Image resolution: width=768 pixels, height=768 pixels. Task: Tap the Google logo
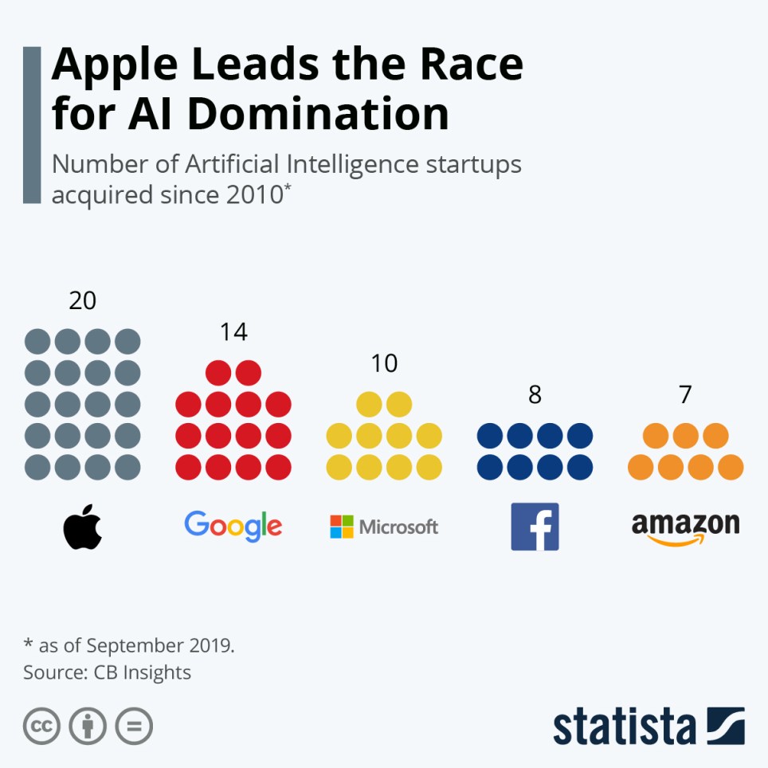click(233, 526)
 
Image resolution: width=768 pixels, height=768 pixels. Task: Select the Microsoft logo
click(384, 527)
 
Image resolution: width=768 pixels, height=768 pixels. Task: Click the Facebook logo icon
click(535, 527)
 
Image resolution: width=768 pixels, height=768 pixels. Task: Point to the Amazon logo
click(685, 528)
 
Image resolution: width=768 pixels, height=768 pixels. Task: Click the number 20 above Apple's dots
click(83, 300)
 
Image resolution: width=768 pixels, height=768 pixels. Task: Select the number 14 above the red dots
click(233, 332)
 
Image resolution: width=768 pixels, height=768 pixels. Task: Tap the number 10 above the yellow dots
click(384, 363)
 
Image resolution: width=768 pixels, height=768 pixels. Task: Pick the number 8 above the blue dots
click(535, 394)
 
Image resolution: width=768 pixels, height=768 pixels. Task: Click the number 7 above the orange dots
click(685, 394)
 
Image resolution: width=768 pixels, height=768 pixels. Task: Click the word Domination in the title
click(319, 115)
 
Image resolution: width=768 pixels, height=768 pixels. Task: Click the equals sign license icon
click(134, 726)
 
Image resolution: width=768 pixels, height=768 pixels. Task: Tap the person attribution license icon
click(88, 726)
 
